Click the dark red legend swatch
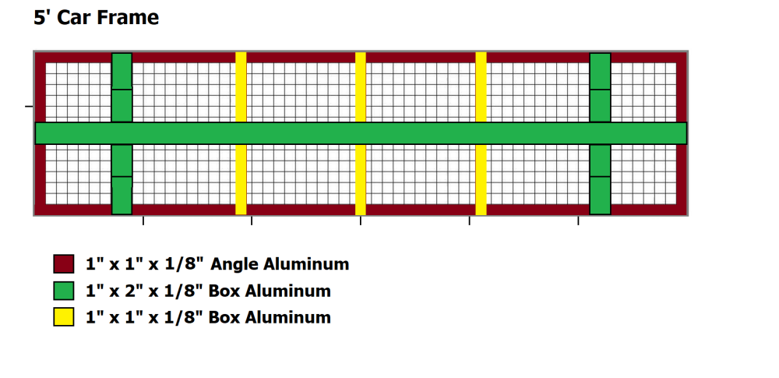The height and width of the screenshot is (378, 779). pos(63,263)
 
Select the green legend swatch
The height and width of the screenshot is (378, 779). pos(63,291)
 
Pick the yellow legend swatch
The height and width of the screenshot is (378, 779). pos(63,317)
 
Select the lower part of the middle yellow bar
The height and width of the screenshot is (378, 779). pos(361,179)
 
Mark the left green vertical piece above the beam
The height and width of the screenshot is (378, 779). pos(122,87)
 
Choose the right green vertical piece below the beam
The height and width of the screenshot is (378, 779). pos(599,179)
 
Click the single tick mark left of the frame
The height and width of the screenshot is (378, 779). pos(29,105)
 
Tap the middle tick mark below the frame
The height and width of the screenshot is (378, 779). pos(361,222)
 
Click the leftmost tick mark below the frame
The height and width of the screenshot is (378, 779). pos(143,222)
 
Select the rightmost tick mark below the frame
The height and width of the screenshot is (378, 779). pos(578,222)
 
